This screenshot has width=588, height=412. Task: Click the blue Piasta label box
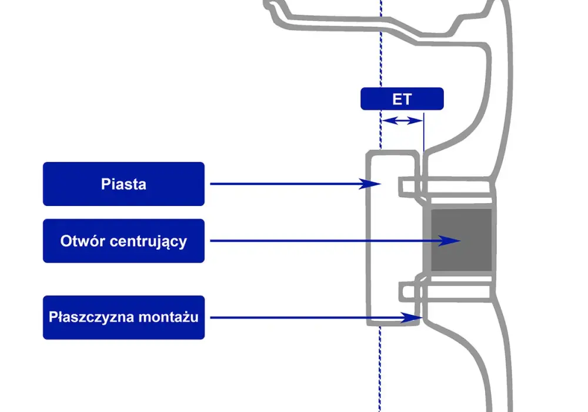click(x=123, y=184)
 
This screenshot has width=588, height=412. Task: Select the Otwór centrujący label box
click(x=123, y=241)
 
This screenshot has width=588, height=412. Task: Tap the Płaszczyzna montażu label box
click(x=123, y=317)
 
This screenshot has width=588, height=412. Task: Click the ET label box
click(x=402, y=99)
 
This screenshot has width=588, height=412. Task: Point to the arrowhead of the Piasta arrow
click(x=371, y=184)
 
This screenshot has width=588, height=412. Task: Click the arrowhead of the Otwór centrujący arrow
click(x=450, y=241)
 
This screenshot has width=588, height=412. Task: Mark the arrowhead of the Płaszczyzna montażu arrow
click(x=412, y=318)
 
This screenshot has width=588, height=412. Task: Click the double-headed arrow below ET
click(x=402, y=121)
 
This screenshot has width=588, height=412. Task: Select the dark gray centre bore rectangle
click(x=461, y=240)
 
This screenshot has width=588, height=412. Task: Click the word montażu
click(x=168, y=317)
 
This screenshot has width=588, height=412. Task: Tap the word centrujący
click(x=148, y=241)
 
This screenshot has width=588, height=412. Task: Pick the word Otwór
click(x=82, y=241)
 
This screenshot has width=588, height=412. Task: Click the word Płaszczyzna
click(x=92, y=317)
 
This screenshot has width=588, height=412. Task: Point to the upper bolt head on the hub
click(x=407, y=187)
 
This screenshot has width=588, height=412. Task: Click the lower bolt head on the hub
click(x=407, y=292)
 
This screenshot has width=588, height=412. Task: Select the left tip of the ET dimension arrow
click(x=382, y=121)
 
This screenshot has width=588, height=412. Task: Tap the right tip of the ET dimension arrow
click(x=423, y=121)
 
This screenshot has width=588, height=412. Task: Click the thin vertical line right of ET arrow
click(x=424, y=132)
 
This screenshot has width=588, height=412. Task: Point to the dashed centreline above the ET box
click(x=381, y=43)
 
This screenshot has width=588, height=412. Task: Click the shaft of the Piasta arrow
click(x=285, y=184)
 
